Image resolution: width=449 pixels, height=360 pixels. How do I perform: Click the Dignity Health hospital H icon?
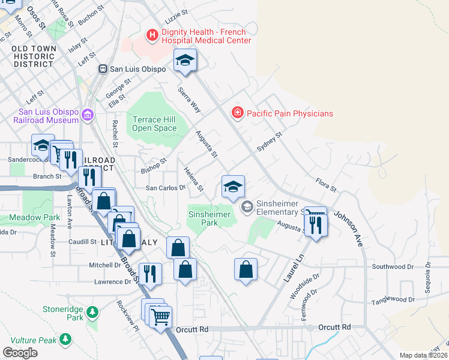coord(152,36)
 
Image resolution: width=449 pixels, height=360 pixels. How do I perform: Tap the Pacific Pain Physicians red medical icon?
coord(238,113)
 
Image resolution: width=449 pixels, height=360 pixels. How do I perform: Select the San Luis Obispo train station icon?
coord(103,69)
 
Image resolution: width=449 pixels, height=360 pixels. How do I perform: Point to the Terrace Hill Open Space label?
coord(154,124)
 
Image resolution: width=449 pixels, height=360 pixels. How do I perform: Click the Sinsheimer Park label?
coord(209,218)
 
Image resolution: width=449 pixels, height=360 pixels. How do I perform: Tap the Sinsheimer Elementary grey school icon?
coord(247,207)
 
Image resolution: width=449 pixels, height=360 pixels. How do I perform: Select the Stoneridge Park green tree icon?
coord(92,312)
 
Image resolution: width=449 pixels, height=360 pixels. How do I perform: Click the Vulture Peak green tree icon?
coord(65,340)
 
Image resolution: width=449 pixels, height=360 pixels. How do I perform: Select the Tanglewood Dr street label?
coord(393,299)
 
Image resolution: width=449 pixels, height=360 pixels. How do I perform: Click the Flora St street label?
coord(326,184)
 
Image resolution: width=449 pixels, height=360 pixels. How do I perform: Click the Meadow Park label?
coord(35,217)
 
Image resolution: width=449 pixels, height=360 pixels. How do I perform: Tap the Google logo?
coord(20,353)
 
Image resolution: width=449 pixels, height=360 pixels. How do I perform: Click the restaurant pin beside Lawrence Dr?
coord(150,273)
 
